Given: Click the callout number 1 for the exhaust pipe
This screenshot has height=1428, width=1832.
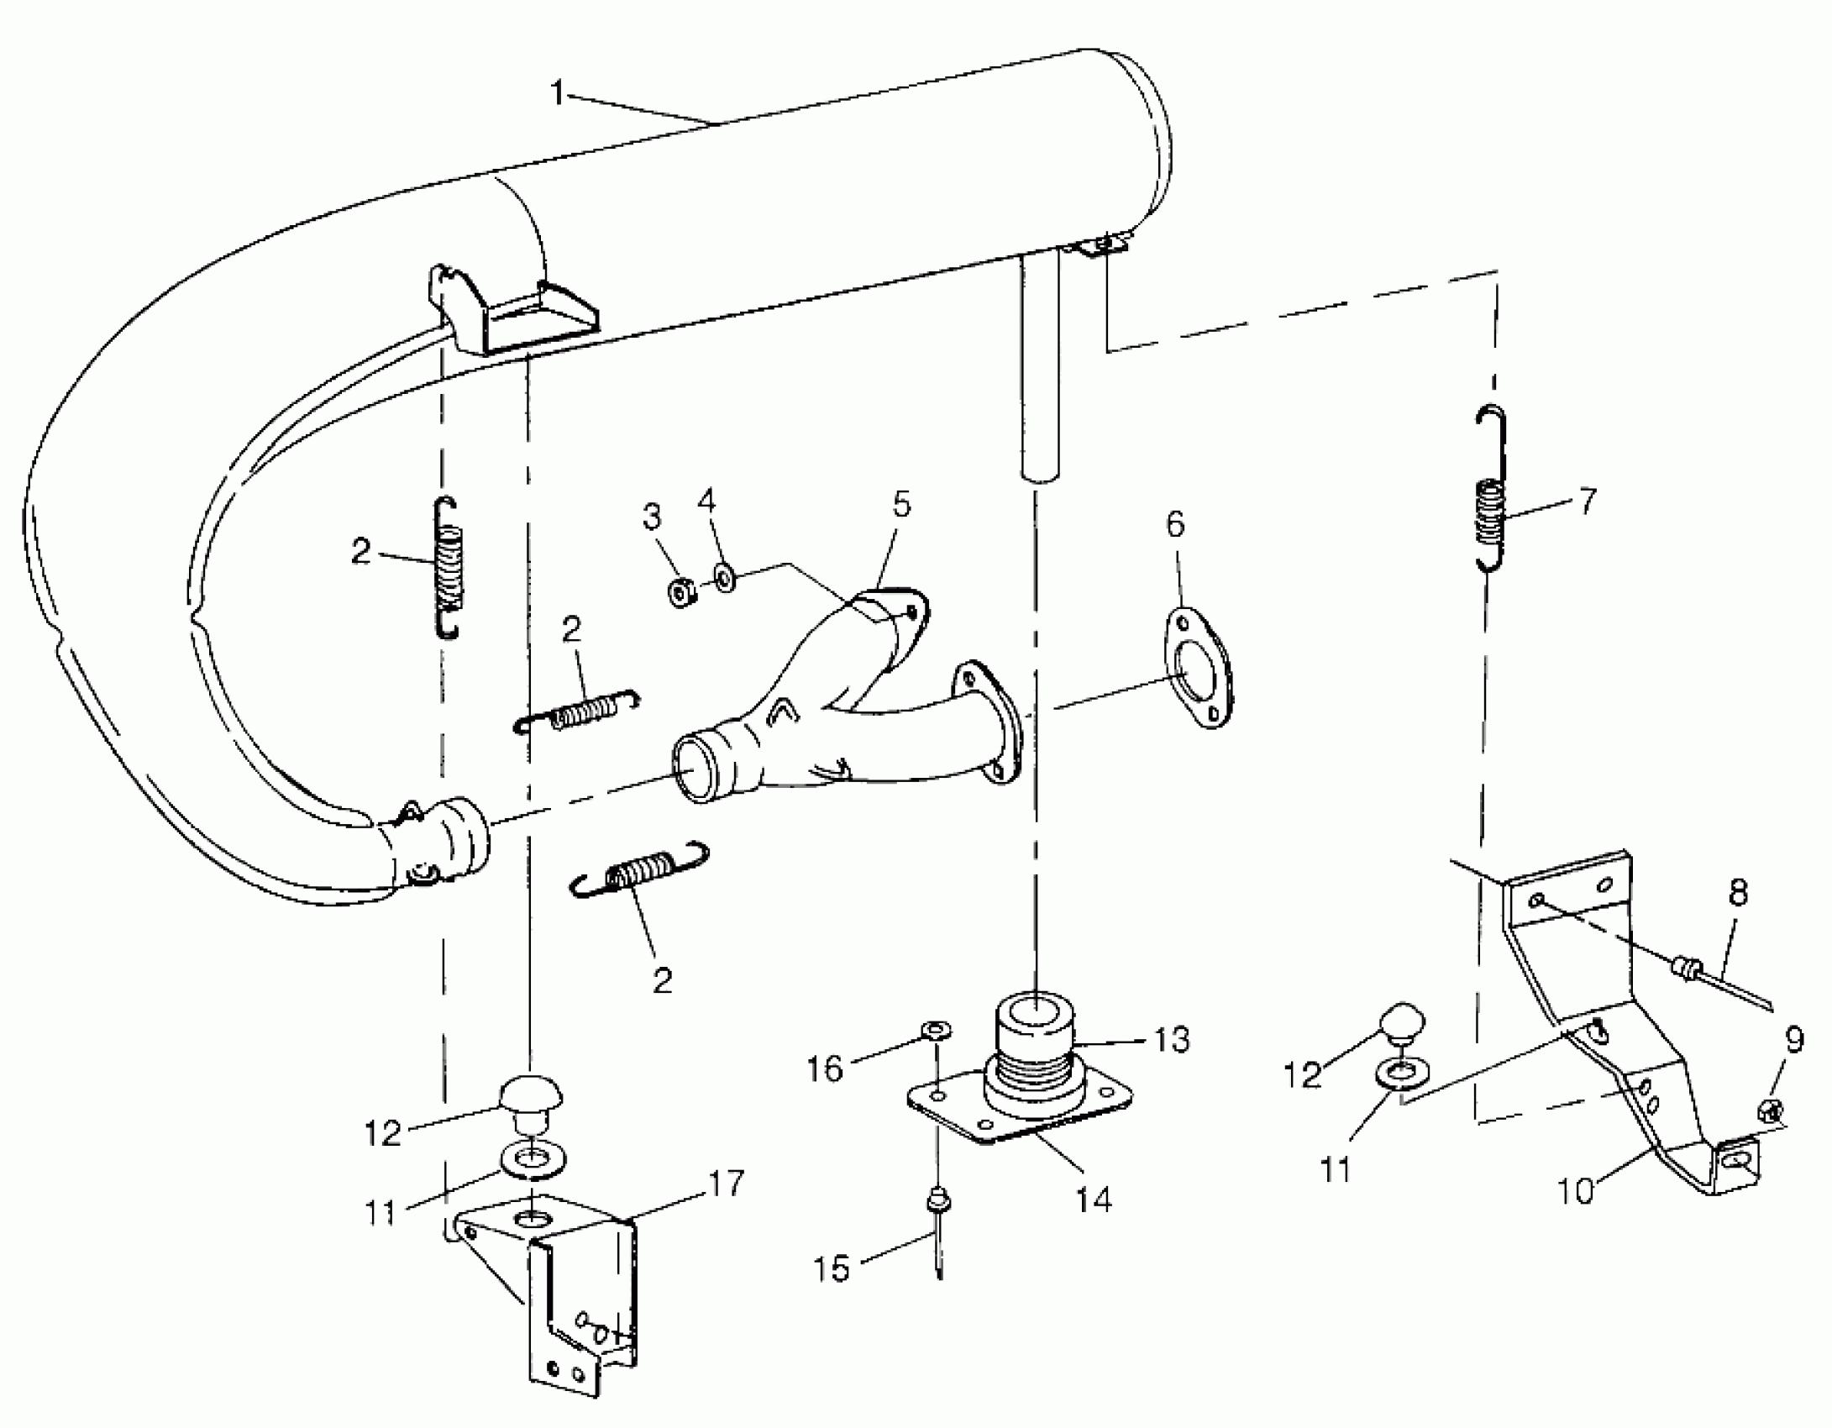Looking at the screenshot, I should coord(558,93).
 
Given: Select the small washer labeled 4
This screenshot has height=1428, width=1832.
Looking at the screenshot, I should coord(724,578).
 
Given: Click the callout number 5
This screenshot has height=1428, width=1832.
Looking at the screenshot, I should coord(900,505).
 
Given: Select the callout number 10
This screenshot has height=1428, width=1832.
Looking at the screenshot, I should coord(1576,1191).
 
